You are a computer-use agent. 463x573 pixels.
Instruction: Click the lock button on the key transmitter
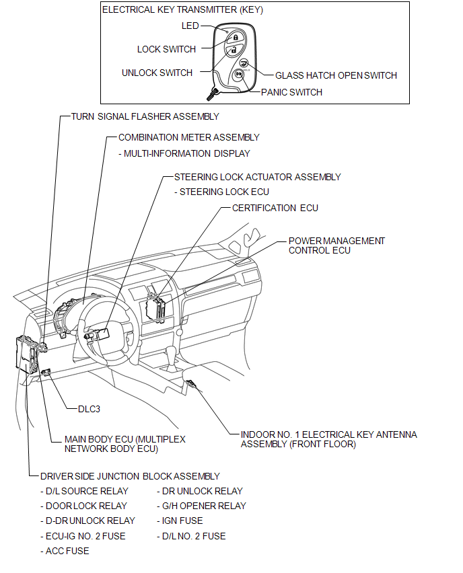pyautogui.click(x=226, y=38)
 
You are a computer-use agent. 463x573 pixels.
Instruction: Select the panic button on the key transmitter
pyautogui.click(x=240, y=75)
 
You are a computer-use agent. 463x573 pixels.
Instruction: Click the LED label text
pyautogui.click(x=190, y=26)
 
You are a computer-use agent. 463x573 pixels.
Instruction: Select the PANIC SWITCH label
pyautogui.click(x=291, y=92)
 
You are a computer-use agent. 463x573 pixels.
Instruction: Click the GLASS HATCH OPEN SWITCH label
pyautogui.click(x=336, y=75)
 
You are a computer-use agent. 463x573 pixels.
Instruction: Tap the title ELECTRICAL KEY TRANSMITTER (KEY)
pyautogui.click(x=182, y=10)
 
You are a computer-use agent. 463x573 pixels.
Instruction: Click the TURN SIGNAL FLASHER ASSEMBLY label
pyautogui.click(x=145, y=116)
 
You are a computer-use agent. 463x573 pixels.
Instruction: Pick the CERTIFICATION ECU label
pyautogui.click(x=275, y=208)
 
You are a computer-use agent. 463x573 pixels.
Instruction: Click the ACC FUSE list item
pyautogui.click(x=67, y=551)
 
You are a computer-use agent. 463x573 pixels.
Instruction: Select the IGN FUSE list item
pyautogui.click(x=182, y=521)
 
